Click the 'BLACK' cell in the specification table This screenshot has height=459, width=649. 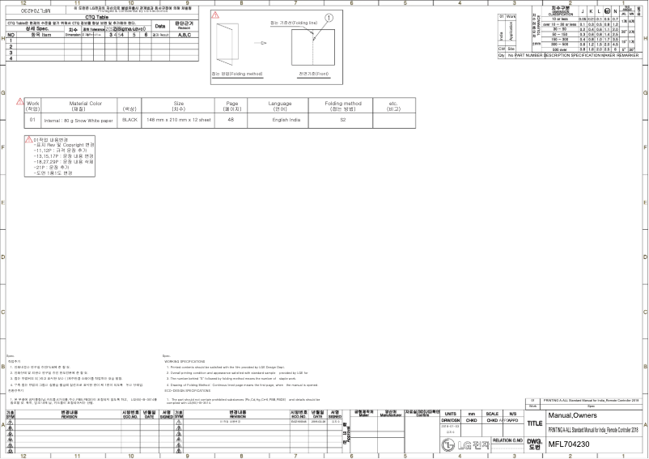pyautogui.click(x=129, y=119)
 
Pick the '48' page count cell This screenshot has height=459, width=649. pyautogui.click(x=231, y=119)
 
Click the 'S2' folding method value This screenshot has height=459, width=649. pyautogui.click(x=343, y=119)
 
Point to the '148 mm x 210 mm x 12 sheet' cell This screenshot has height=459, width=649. pyautogui.click(x=180, y=119)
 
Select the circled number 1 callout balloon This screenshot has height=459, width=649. pyautogui.click(x=329, y=17)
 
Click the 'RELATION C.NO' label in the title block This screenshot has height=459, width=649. pyautogui.click(x=508, y=440)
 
